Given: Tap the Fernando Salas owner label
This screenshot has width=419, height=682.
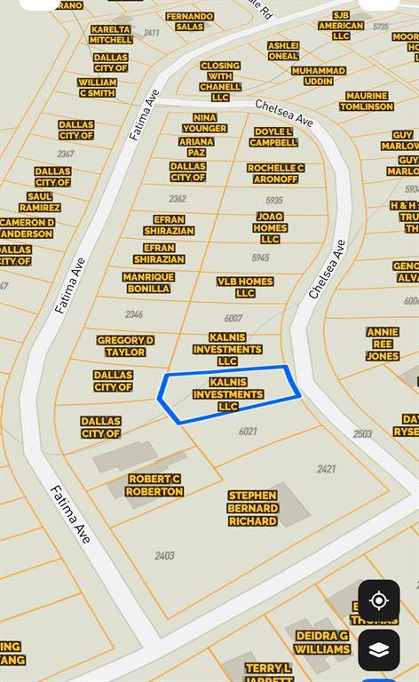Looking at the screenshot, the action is [189, 21].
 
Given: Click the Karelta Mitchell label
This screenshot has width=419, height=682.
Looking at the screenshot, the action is [111, 35].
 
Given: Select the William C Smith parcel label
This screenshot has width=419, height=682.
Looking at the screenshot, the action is [97, 87].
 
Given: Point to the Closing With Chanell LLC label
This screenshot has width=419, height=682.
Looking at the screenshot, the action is [220, 82].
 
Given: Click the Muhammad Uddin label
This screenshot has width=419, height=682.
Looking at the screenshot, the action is [319, 75].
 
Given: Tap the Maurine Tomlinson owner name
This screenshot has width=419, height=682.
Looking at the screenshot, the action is [367, 101].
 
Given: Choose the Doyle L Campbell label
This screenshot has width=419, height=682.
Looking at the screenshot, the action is [273, 137].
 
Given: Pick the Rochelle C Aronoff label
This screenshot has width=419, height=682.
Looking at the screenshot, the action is [276, 173].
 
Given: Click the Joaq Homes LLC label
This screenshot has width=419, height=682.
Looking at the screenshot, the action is [270, 227].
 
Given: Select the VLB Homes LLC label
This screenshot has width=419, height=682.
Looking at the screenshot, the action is [245, 287].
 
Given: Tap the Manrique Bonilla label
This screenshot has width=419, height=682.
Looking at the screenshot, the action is [148, 282].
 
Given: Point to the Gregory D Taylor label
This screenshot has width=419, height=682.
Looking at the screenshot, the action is [125, 346].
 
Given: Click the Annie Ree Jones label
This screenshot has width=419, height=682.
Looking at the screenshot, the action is [383, 344].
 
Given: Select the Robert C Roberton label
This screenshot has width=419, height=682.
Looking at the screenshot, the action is [154, 485].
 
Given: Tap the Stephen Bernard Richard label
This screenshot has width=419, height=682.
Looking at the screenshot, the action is [253, 508].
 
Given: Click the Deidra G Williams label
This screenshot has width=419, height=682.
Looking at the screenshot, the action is [322, 642].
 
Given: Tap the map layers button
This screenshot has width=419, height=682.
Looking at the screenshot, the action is [379, 650].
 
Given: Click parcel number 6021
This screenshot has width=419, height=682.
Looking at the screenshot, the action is [248, 432].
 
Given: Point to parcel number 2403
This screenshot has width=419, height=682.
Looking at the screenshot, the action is [164, 556].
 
